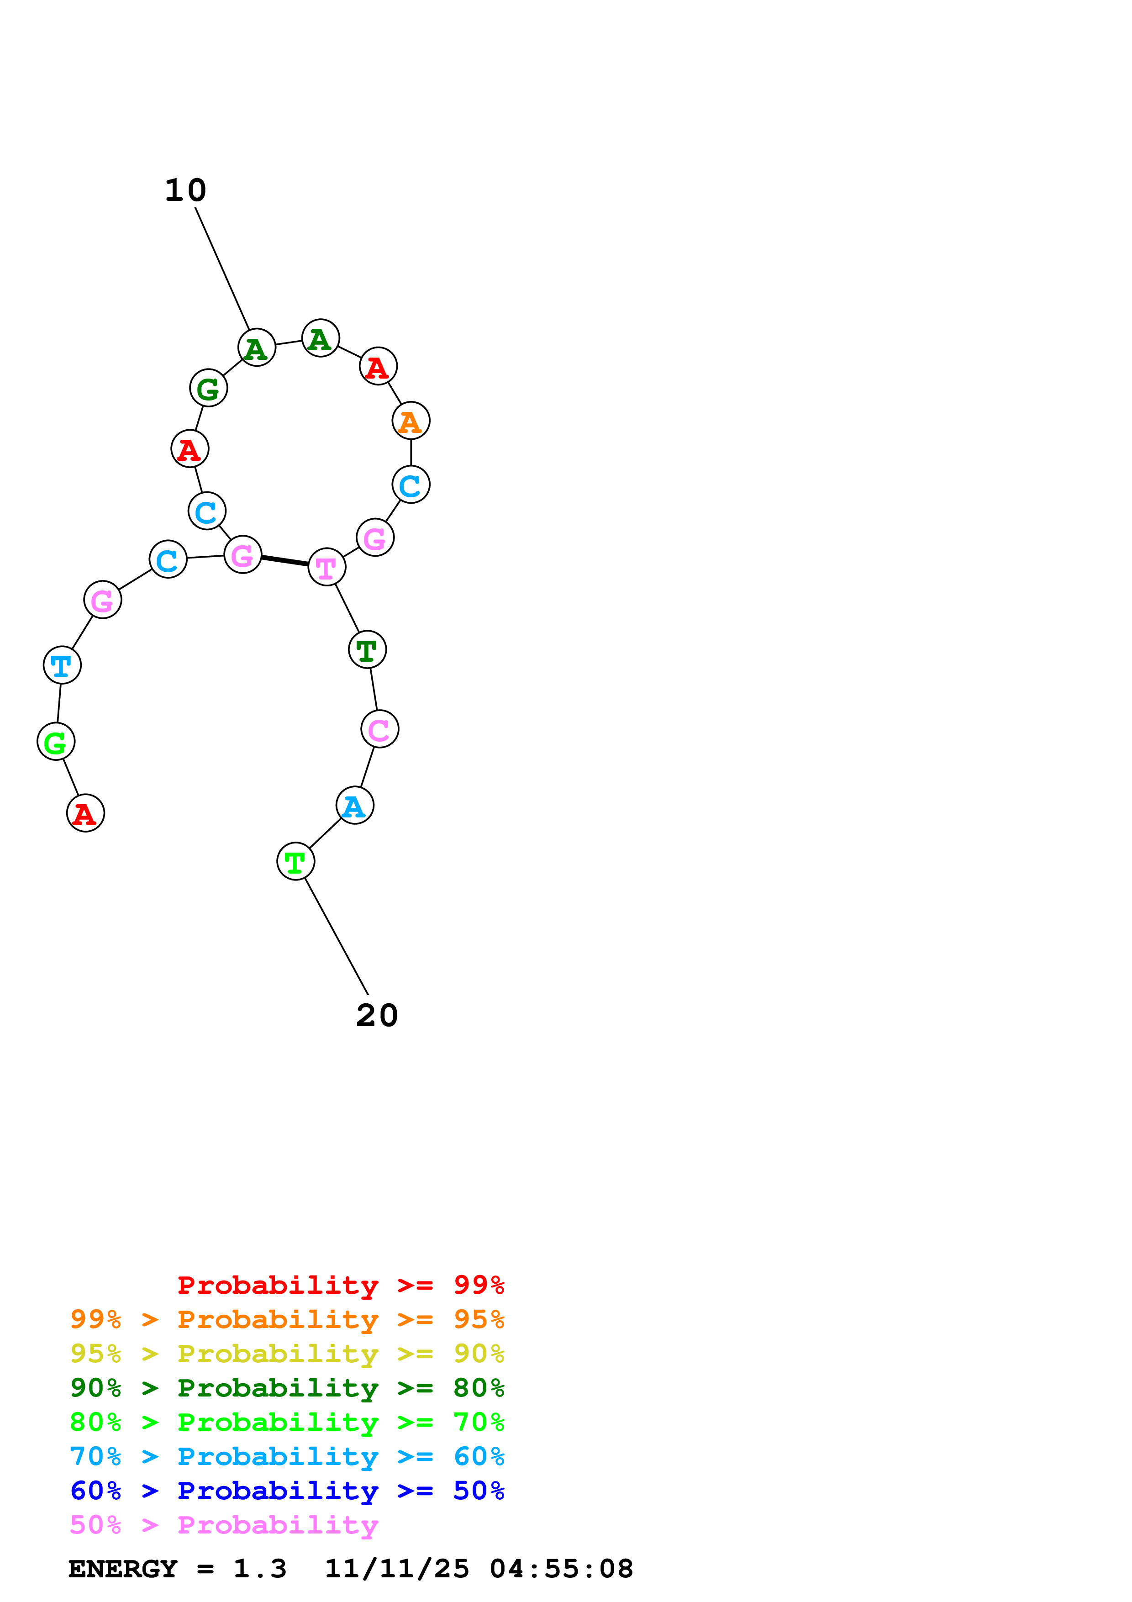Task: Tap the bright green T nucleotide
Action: click(296, 862)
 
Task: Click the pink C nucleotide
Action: click(379, 729)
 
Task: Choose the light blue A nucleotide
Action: click(354, 806)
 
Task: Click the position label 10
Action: click(185, 190)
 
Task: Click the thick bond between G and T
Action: click(284, 560)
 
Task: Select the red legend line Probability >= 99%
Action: click(340, 1285)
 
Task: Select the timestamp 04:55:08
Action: click(562, 1569)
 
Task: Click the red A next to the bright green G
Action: click(85, 814)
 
